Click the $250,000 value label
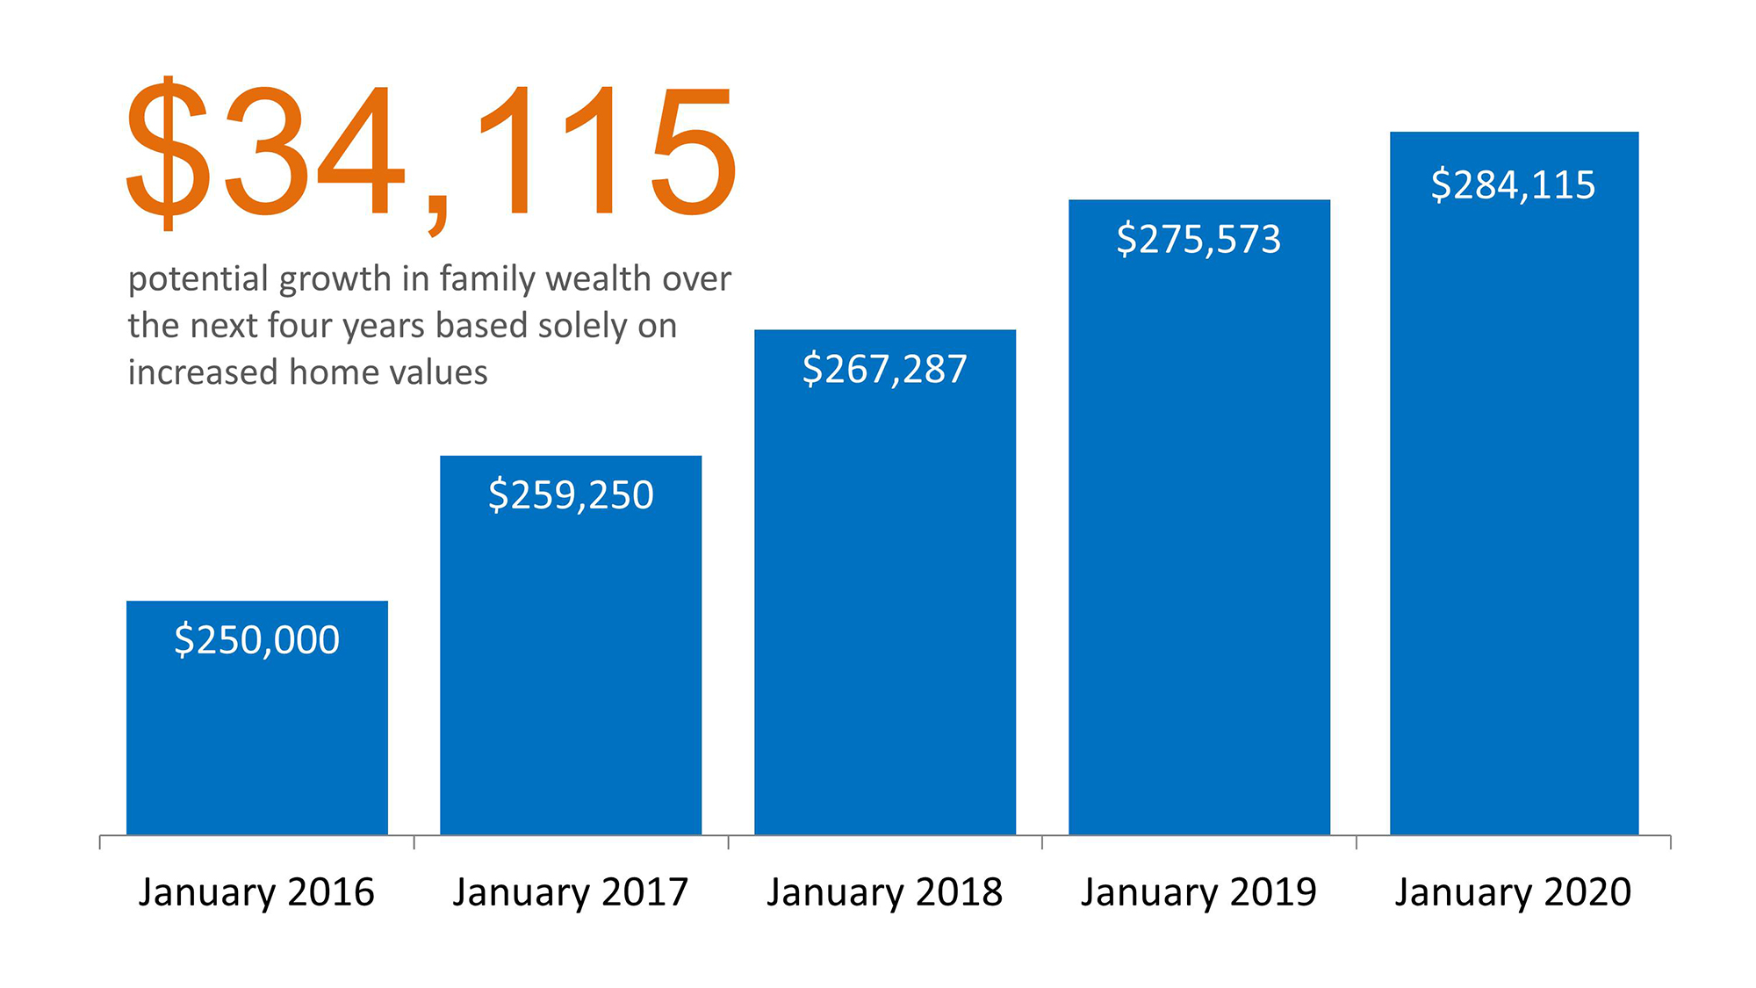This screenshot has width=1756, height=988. (x=257, y=639)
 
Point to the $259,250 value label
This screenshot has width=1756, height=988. (x=571, y=495)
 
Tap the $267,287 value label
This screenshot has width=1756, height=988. (x=885, y=369)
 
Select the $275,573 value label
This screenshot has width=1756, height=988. (x=1199, y=239)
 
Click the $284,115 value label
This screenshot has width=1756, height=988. (x=1514, y=185)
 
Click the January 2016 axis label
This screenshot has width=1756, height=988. (x=256, y=892)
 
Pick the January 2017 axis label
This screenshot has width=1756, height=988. (x=571, y=892)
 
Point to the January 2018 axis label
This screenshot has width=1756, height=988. (x=885, y=892)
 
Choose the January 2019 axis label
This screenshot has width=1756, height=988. (x=1199, y=892)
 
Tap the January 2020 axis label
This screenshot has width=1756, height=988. (x=1514, y=892)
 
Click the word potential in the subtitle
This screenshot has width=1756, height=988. (x=198, y=279)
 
